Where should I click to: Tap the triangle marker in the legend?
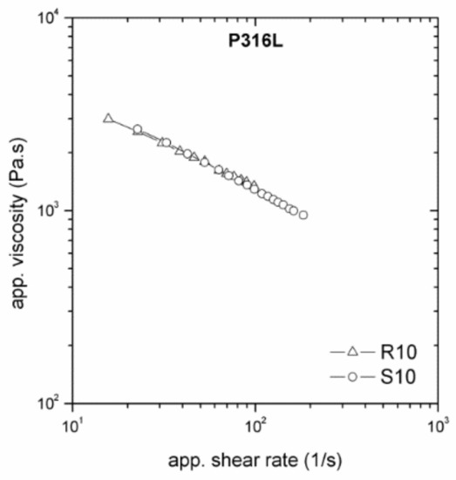[x=352, y=353]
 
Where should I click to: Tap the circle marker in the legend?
[x=352, y=378]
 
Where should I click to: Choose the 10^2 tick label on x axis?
[x=255, y=425]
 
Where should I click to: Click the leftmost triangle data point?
[x=108, y=118]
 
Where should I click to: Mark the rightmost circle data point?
[x=303, y=215]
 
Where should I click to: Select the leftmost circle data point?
[x=137, y=129]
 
